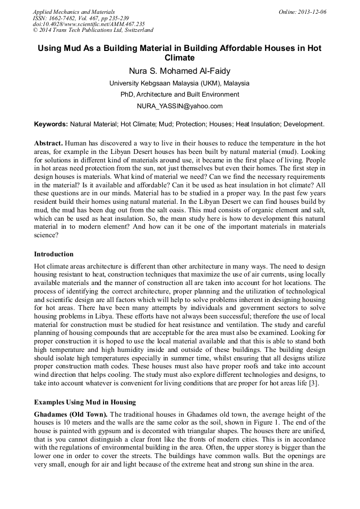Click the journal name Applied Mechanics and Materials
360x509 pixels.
point(74,12)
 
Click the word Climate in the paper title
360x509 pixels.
point(179,58)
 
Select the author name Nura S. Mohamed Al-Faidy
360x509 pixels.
point(179,71)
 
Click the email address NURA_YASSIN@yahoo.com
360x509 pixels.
point(179,106)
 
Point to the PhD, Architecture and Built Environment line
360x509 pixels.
point(179,94)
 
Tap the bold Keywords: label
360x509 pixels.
point(51,124)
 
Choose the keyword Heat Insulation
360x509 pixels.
point(258,124)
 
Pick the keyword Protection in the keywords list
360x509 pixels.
point(187,124)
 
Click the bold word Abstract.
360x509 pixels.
point(48,144)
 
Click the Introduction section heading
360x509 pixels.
point(54,254)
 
